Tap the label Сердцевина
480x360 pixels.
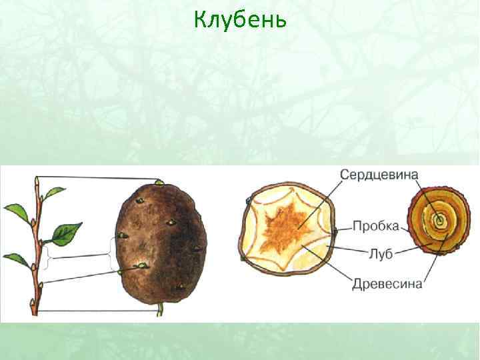(x=379, y=175)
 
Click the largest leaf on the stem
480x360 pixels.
(x=67, y=232)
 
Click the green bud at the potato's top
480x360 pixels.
(x=159, y=182)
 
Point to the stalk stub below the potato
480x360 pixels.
(x=159, y=309)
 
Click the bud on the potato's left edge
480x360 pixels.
(x=122, y=236)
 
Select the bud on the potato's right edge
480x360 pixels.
(x=197, y=249)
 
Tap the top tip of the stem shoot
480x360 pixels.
(x=36, y=179)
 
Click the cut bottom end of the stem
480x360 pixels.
(x=33, y=309)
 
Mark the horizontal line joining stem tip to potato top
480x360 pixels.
(x=97, y=177)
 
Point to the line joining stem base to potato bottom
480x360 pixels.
(x=97, y=311)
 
